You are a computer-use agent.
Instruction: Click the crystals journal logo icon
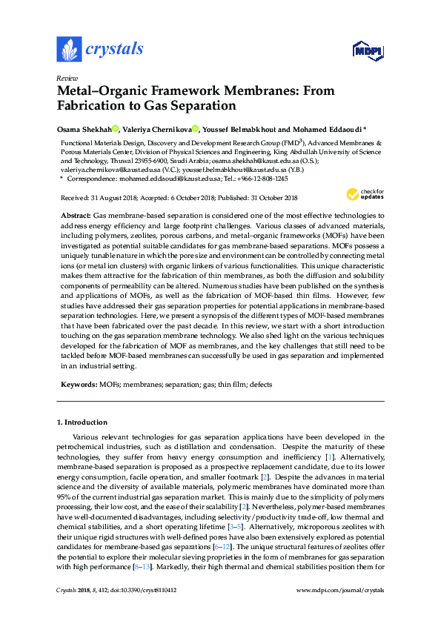[69, 49]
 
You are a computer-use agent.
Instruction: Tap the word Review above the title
[66, 78]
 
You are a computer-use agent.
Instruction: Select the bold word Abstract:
[76, 214]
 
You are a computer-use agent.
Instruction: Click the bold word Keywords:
[79, 385]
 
